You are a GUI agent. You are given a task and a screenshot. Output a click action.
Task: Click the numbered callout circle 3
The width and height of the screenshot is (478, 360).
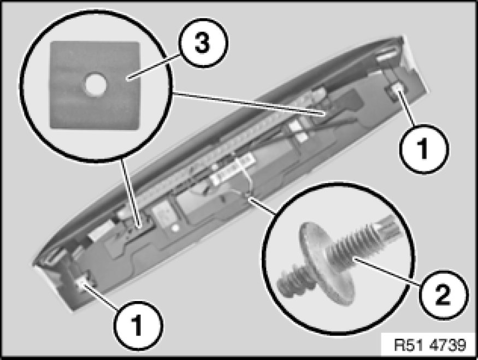(203, 43)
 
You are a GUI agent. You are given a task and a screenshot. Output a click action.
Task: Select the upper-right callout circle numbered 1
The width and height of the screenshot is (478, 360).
(424, 149)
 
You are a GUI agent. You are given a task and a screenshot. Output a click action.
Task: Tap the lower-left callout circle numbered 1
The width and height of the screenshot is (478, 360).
(138, 325)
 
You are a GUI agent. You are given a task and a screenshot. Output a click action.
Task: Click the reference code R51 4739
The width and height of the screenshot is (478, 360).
(430, 345)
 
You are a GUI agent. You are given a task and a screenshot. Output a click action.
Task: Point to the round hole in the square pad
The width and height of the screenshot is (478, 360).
(95, 84)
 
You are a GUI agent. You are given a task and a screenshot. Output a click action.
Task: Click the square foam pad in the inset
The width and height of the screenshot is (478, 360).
(95, 85)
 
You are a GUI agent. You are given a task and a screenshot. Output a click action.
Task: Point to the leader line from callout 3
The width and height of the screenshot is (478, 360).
(152, 67)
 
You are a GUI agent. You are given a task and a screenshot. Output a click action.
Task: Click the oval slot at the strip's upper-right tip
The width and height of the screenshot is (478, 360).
(387, 54)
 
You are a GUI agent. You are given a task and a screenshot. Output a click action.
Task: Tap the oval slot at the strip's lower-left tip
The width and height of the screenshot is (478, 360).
(55, 256)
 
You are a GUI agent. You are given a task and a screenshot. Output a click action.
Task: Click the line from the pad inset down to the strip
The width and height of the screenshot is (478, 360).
(131, 193)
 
